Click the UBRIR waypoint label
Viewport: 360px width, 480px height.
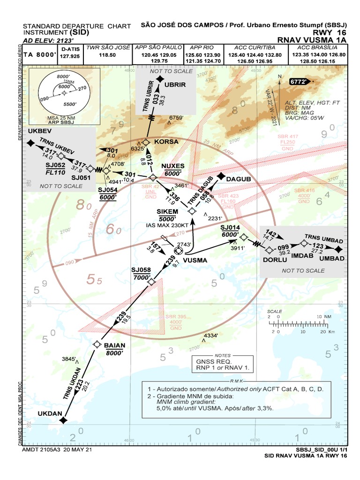click(176, 84)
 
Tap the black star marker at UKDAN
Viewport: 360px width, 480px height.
click(63, 420)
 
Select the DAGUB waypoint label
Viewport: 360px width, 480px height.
click(239, 179)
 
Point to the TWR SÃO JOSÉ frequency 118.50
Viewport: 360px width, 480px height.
click(107, 55)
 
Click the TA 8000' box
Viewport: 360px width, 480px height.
click(40, 55)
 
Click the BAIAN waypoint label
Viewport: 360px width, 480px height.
click(114, 345)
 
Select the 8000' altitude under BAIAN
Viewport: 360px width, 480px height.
click(114, 353)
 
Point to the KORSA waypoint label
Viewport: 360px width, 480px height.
click(166, 141)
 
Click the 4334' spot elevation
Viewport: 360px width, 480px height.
click(210, 336)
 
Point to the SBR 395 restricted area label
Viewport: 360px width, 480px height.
click(176, 317)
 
